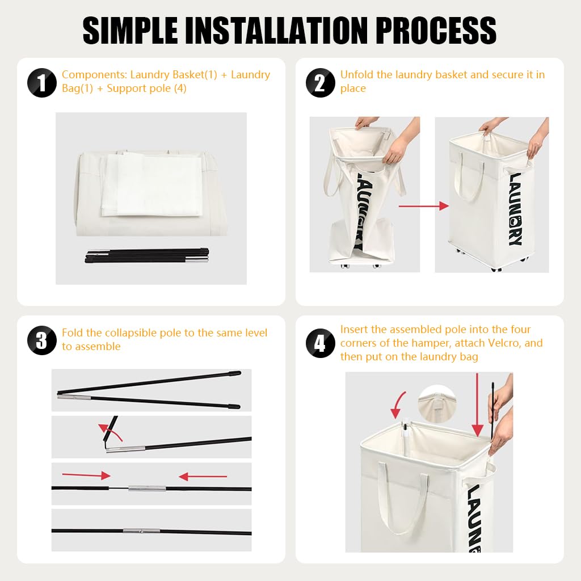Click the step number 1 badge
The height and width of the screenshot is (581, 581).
(x=42, y=83)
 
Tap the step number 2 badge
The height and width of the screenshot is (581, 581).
(x=321, y=83)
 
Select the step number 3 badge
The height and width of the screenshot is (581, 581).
(x=42, y=340)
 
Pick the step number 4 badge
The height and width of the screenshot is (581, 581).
(x=321, y=343)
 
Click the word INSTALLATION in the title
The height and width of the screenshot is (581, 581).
(x=276, y=31)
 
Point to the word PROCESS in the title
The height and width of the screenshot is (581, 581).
(x=436, y=31)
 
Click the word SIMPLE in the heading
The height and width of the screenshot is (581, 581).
(x=130, y=31)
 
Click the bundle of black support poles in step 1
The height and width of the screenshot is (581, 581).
(x=147, y=256)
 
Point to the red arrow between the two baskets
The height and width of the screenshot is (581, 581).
(x=423, y=206)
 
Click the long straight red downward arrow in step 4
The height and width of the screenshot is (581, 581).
(x=477, y=405)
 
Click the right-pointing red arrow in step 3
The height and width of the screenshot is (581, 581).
(x=86, y=475)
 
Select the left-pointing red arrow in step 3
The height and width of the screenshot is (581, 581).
(x=203, y=476)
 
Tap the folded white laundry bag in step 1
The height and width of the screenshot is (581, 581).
(x=152, y=185)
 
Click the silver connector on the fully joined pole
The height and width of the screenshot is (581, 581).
(x=141, y=531)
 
